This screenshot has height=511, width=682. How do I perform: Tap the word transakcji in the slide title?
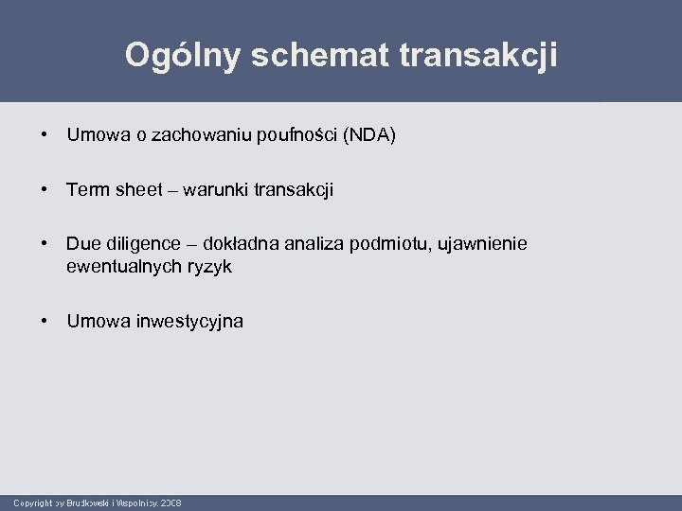point(479,55)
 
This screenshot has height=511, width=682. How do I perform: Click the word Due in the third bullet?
point(82,245)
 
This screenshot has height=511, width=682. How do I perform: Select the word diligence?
point(138,245)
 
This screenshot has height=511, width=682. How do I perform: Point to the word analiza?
point(313,245)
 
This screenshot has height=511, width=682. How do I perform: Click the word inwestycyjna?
point(183,322)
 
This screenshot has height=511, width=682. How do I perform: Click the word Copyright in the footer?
point(32,502)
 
